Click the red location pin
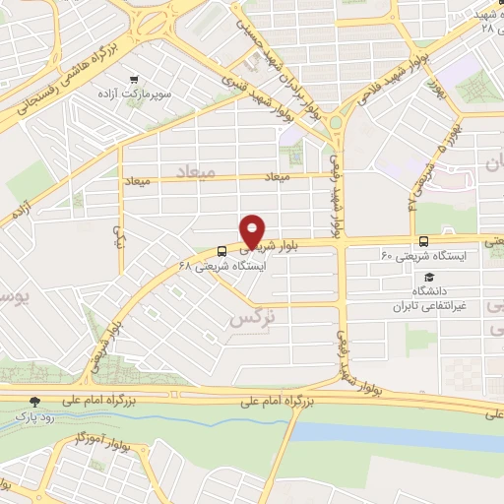pos(253,232)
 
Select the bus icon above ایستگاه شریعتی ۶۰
pos(423,241)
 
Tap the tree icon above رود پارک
pos(36,401)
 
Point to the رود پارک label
pos(36,416)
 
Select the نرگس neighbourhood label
pos(249,319)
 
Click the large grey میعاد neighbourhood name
pos(194,171)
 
